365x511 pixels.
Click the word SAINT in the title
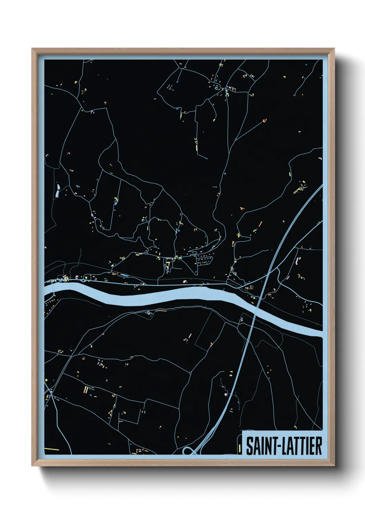(259, 446)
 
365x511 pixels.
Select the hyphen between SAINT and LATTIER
(275, 447)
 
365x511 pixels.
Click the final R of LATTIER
(319, 446)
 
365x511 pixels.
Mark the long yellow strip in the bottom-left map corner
(51, 449)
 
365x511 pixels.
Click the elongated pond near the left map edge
(57, 191)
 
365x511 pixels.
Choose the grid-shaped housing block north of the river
(204, 260)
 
